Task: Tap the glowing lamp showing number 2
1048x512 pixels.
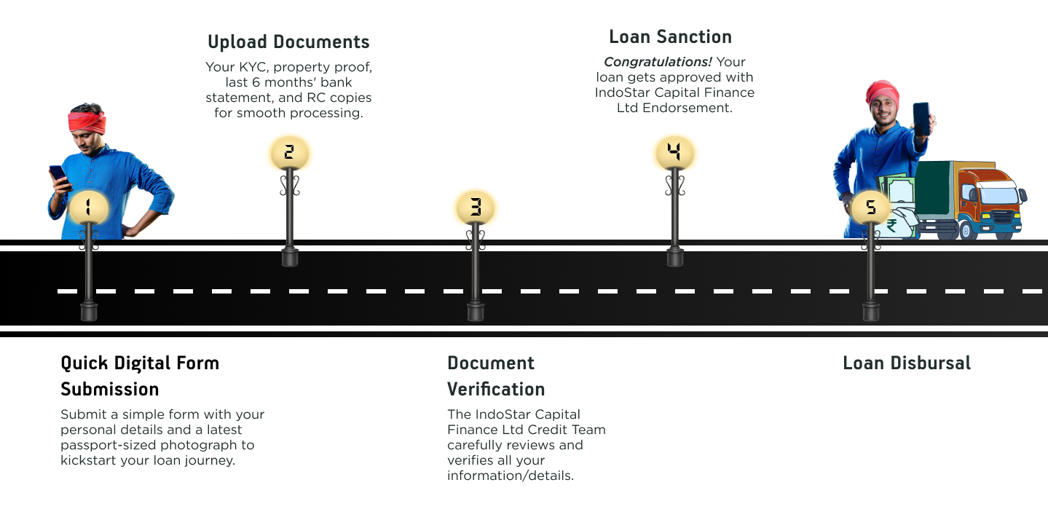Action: (x=289, y=152)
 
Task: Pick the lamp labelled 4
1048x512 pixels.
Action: (x=674, y=152)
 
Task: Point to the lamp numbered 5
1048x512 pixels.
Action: (x=871, y=208)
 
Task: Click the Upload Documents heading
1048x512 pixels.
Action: (x=288, y=42)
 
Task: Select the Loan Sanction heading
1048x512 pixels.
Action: (x=670, y=36)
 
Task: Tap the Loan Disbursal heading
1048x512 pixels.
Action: (x=907, y=363)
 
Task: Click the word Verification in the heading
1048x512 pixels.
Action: (x=496, y=387)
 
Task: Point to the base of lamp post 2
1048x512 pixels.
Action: (x=290, y=257)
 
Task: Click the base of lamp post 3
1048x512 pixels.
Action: (x=476, y=312)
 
